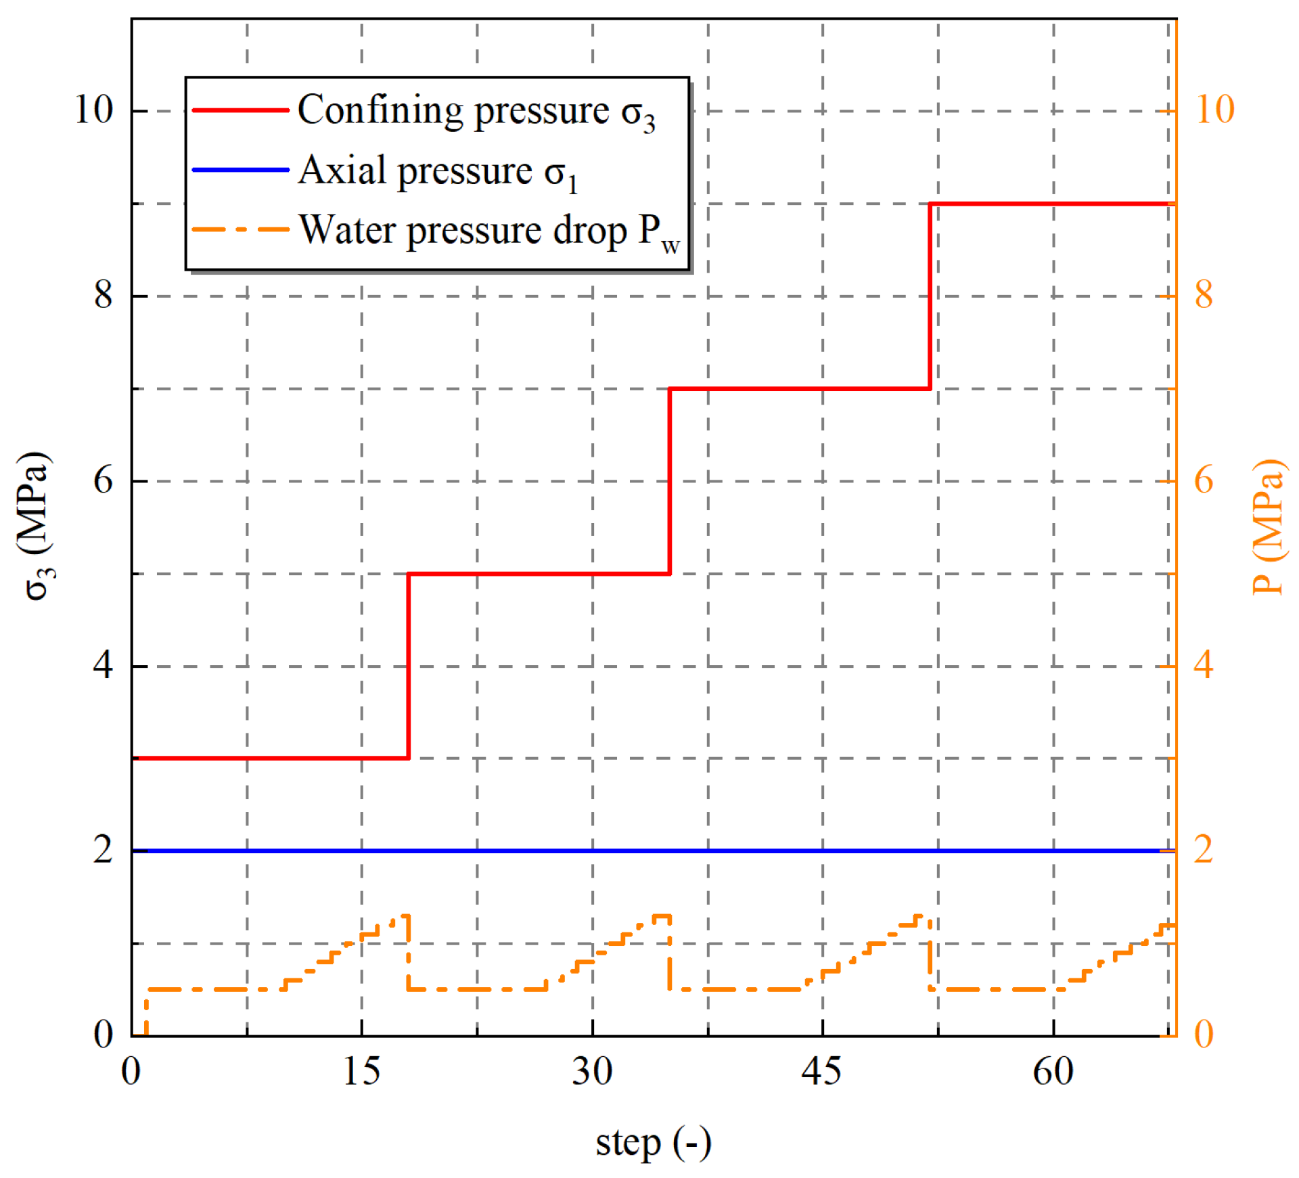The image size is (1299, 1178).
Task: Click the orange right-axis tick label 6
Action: pos(1204,480)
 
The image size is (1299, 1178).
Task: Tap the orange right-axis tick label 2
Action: pos(1204,850)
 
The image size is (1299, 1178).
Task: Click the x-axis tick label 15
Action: pos(361,1071)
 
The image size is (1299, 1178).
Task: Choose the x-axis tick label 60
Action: pos(1053,1071)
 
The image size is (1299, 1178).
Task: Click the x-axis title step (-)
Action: pos(653,1143)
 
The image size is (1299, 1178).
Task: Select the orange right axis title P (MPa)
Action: pos(1267,526)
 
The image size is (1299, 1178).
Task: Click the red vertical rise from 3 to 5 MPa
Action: pos(409,666)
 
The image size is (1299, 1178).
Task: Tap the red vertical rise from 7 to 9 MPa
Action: pos(930,296)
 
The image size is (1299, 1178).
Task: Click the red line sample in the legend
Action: pos(240,110)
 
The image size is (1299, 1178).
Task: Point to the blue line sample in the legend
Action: pos(240,170)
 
